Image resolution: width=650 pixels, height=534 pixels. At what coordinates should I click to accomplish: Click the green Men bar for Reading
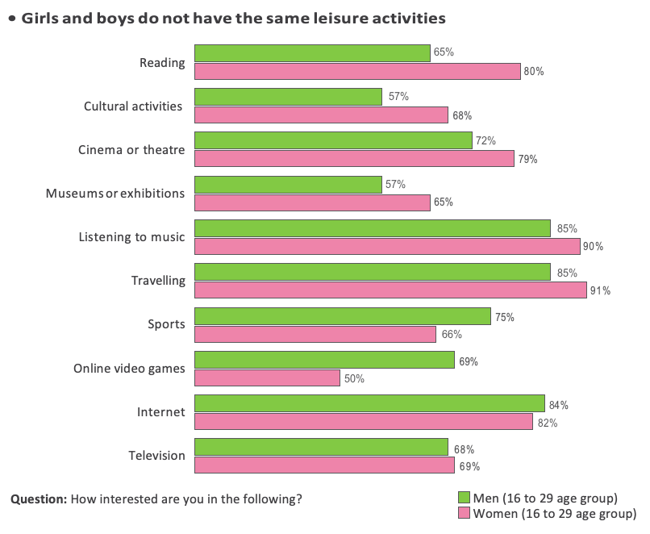pyautogui.click(x=312, y=53)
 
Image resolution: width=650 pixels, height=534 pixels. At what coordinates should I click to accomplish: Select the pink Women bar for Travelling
pyautogui.click(x=390, y=290)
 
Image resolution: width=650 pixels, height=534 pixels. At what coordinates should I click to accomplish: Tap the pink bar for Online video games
pyautogui.click(x=267, y=378)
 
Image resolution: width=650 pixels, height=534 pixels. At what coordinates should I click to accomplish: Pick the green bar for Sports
pyautogui.click(x=342, y=317)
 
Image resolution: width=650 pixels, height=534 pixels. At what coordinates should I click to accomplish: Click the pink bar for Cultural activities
pyautogui.click(x=321, y=115)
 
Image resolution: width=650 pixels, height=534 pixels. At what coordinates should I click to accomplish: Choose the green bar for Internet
pyautogui.click(x=369, y=404)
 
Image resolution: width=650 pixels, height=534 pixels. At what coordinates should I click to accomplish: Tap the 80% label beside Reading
pyautogui.click(x=534, y=72)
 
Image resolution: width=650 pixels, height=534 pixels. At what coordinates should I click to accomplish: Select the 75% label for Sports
pyautogui.click(x=504, y=317)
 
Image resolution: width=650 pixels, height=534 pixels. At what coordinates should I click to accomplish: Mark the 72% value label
pyautogui.click(x=485, y=141)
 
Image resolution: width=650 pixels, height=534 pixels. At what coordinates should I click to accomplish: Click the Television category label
pyautogui.click(x=156, y=456)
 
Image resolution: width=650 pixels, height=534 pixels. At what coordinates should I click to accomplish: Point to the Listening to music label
pyautogui.click(x=131, y=237)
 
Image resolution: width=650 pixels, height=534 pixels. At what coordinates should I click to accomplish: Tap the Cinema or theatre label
pyautogui.click(x=131, y=150)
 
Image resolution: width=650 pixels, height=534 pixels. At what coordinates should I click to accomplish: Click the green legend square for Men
pyautogui.click(x=464, y=497)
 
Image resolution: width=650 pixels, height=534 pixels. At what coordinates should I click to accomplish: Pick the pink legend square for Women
pyautogui.click(x=464, y=513)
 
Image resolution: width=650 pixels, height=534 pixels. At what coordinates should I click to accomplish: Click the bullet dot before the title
pyautogui.click(x=12, y=17)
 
